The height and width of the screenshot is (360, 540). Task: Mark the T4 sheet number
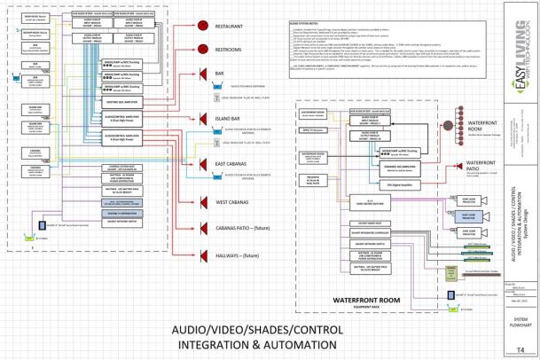[x=520, y=348]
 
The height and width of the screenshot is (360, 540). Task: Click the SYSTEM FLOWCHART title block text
[x=520, y=320]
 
